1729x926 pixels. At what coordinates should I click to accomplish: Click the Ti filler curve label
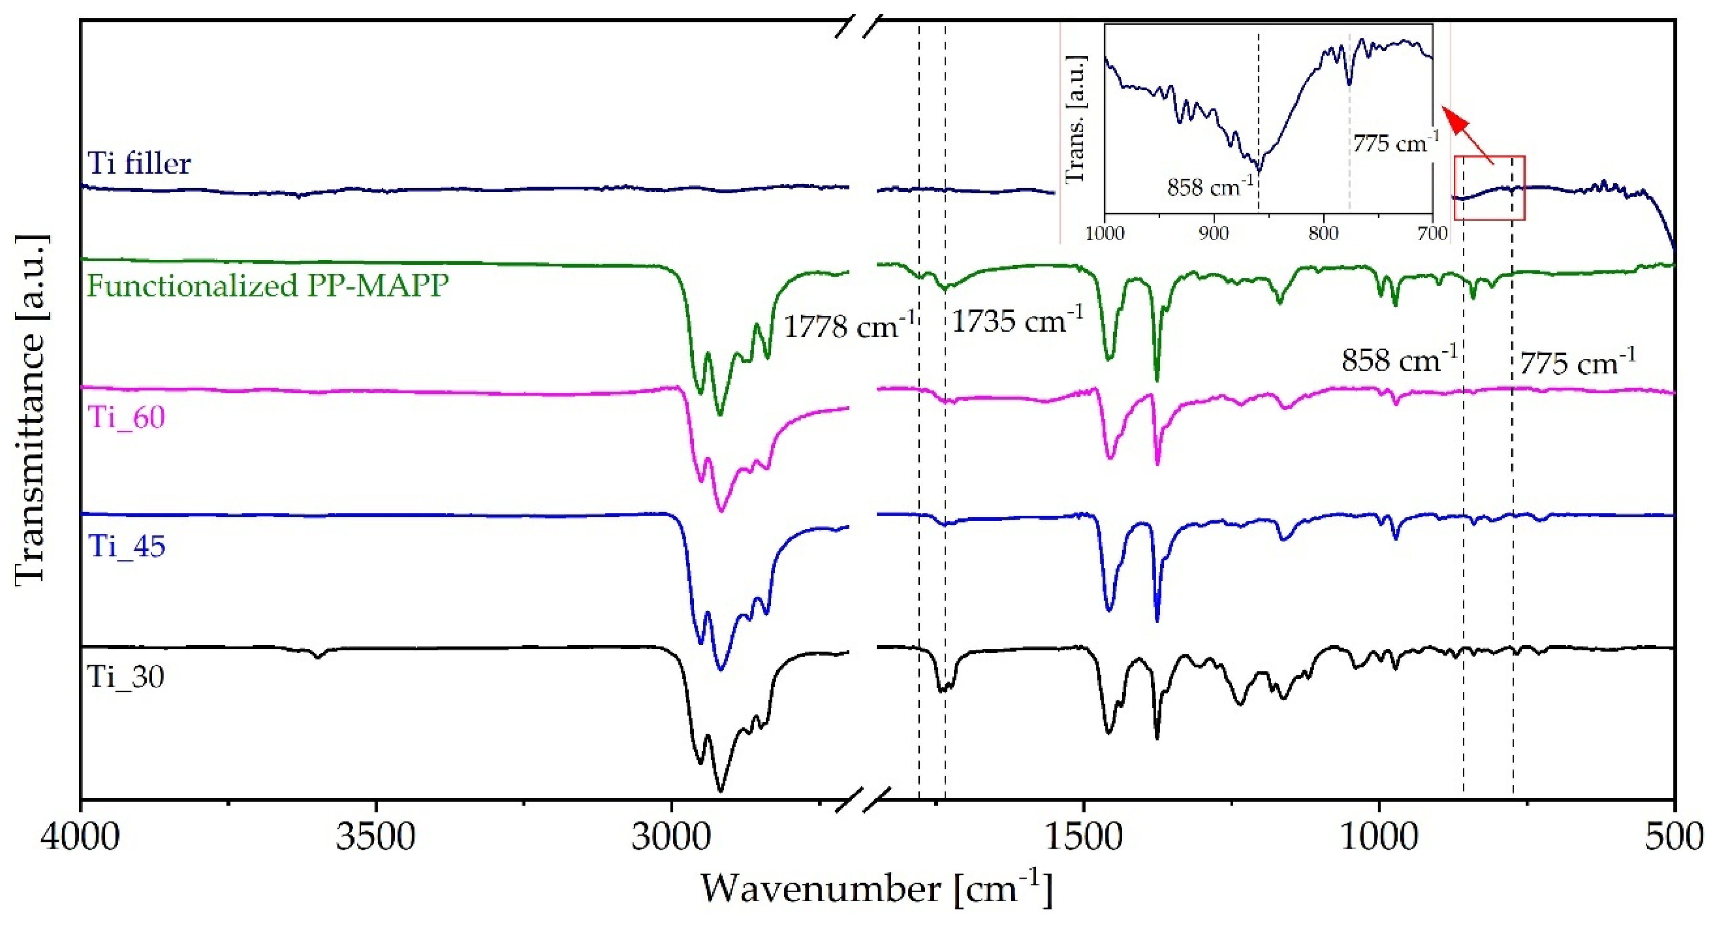(x=139, y=163)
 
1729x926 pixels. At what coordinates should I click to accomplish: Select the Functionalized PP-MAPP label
(x=268, y=286)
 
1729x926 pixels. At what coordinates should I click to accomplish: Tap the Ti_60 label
(x=126, y=417)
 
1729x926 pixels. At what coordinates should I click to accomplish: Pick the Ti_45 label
(x=126, y=546)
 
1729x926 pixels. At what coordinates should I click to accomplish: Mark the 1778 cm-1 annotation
(x=849, y=326)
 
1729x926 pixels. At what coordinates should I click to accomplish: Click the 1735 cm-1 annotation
(x=1017, y=321)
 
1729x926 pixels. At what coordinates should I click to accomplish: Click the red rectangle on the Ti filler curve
(x=1489, y=188)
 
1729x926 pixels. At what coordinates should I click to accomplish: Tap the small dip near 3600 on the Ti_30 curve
(x=319, y=656)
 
